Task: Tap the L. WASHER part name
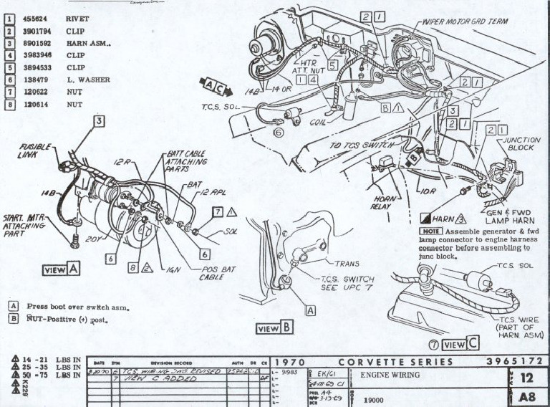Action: click(87, 80)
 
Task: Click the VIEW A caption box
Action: click(61, 270)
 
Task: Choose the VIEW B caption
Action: click(275, 328)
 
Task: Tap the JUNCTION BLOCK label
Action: click(521, 143)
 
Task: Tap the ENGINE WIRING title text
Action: click(391, 375)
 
